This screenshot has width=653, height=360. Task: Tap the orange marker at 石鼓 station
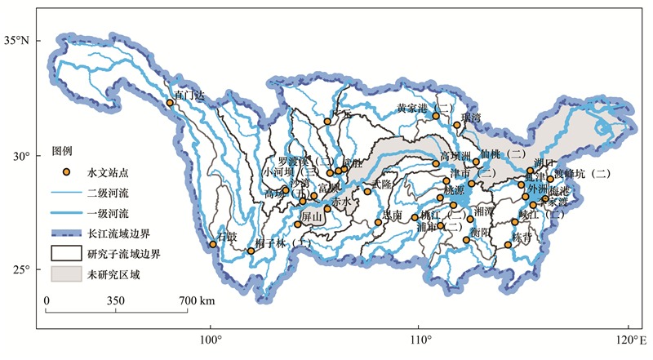(x=213, y=244)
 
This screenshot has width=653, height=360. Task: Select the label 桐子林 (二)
(x=282, y=243)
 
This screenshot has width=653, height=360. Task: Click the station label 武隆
(x=381, y=184)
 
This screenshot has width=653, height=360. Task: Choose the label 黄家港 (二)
(x=424, y=107)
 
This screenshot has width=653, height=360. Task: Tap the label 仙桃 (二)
(x=503, y=153)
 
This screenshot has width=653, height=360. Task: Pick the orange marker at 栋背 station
(x=508, y=244)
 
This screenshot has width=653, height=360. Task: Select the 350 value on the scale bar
(x=116, y=301)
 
